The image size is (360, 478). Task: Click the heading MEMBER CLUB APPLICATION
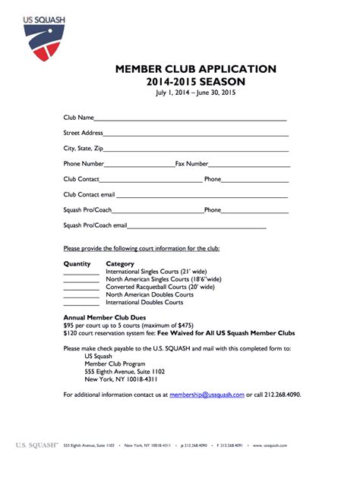[x=195, y=69]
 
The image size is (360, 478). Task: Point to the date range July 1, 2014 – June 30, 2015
[x=196, y=93]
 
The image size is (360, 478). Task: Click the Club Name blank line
[x=190, y=120]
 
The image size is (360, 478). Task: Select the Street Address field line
[x=196, y=135]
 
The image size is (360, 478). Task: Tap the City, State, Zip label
[x=83, y=148]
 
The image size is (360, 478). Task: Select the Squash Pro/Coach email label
[x=95, y=225]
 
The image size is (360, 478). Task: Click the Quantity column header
[x=77, y=264]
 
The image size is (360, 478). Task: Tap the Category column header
[x=120, y=264]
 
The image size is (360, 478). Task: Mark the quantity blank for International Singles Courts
[x=81, y=273]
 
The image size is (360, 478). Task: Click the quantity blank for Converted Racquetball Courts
[x=81, y=288]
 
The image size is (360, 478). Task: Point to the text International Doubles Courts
[x=144, y=302]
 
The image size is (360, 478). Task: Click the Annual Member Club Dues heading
[x=105, y=317]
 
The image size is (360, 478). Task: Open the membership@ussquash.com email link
[x=207, y=395]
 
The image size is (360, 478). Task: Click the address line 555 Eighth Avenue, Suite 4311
[x=125, y=371]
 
